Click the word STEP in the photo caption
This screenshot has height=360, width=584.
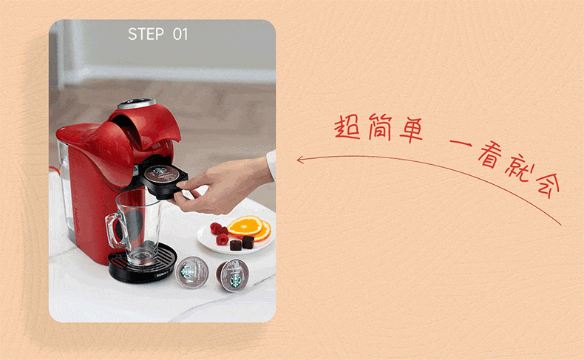click(x=146, y=34)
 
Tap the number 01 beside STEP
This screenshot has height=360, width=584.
click(x=180, y=34)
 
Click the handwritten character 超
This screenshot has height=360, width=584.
click(x=347, y=127)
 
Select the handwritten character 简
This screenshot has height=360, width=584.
click(x=379, y=127)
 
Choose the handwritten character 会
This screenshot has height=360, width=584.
click(x=547, y=185)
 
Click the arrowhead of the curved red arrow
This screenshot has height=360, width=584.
click(x=300, y=160)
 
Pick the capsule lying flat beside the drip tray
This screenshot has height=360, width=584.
click(x=191, y=273)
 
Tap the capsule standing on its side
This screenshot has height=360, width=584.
click(x=233, y=276)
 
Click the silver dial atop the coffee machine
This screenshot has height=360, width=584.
click(x=137, y=103)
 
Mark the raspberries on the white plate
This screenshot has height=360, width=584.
click(x=220, y=233)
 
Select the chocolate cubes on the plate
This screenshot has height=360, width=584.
click(x=242, y=243)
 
